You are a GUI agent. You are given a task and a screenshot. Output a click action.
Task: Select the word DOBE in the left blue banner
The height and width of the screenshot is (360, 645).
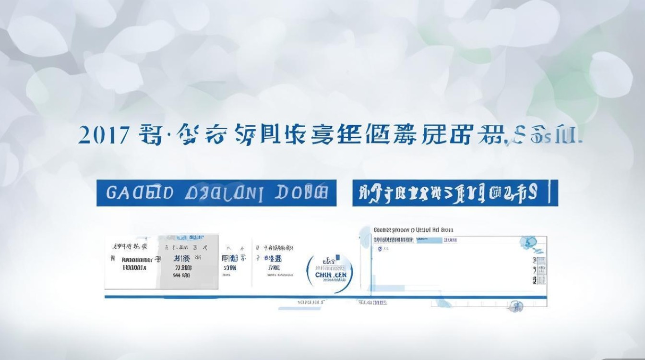click(x=302, y=193)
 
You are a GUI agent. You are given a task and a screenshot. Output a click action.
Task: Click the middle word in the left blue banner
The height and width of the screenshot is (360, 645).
click(x=224, y=193)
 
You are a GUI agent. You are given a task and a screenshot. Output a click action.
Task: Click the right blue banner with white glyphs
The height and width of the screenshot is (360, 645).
click(x=451, y=193)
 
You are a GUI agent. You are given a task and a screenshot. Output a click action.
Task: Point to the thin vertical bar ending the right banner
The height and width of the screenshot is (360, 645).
click(x=556, y=193)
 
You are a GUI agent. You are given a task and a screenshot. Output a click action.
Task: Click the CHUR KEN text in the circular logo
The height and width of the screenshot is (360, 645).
click(x=331, y=275)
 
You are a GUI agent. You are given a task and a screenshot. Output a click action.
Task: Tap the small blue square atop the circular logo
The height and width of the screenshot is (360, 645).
click(x=337, y=257)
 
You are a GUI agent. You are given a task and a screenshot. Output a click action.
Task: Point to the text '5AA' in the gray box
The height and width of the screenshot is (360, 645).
click(x=181, y=276)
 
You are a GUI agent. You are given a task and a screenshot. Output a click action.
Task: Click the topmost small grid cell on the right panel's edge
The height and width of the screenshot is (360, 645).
click(x=535, y=259)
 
